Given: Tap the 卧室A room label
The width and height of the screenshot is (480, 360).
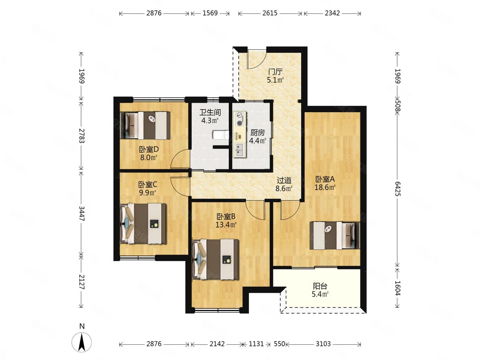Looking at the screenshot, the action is [325, 179].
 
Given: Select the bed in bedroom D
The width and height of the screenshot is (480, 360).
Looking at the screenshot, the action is [145, 125].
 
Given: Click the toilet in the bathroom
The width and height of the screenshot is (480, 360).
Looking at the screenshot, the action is [221, 135].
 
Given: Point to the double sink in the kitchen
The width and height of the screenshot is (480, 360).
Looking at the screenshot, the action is [240, 150].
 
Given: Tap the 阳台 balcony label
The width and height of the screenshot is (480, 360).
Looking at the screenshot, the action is [320, 286].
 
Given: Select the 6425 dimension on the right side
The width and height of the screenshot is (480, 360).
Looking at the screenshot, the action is [398, 189].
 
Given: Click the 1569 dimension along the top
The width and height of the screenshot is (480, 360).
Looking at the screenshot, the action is [210, 13].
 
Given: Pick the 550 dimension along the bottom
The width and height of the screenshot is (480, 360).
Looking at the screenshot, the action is [280, 344].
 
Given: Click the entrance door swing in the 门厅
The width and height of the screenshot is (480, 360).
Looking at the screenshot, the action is [257, 58].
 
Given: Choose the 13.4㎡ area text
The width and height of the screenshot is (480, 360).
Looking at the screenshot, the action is [226, 224].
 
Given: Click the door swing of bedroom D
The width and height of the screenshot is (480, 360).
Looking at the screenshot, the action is [180, 159].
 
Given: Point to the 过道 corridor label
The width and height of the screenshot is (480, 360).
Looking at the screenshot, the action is [284, 180].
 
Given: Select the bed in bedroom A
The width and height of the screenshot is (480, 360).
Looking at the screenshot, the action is [335, 235].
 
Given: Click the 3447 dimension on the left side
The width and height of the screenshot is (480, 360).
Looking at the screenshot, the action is [81, 213].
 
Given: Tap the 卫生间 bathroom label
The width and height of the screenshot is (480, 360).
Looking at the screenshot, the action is [210, 112].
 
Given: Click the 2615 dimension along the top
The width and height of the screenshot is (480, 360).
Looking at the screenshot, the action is [270, 13].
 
